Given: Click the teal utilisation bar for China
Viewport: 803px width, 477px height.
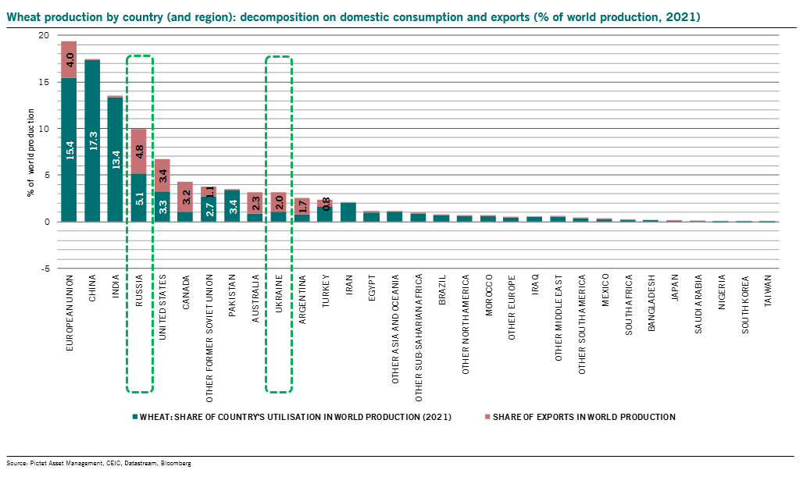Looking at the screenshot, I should tap(92, 141).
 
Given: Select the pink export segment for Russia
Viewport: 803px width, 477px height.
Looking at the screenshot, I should tap(139, 151).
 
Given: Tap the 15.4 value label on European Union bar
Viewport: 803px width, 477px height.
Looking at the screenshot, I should tap(69, 150).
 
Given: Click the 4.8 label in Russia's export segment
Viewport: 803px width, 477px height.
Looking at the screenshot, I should tap(139, 151).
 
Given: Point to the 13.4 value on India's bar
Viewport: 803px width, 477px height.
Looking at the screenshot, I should tap(116, 159).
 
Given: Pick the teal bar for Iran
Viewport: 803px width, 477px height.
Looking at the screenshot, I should tap(348, 212).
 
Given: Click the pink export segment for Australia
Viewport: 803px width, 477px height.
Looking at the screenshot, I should tap(255, 203).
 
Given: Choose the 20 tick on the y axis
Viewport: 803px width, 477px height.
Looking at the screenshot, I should tap(44, 36).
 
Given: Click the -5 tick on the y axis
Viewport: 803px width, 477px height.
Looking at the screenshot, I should tap(45, 268).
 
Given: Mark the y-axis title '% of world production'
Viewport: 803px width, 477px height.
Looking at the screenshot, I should tap(31, 151).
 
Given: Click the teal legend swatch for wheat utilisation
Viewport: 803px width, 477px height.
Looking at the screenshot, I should tap(135, 417).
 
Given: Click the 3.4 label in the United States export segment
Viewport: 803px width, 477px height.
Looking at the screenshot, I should tap(162, 175).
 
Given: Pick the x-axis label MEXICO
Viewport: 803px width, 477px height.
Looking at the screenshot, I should tap(606, 291).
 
